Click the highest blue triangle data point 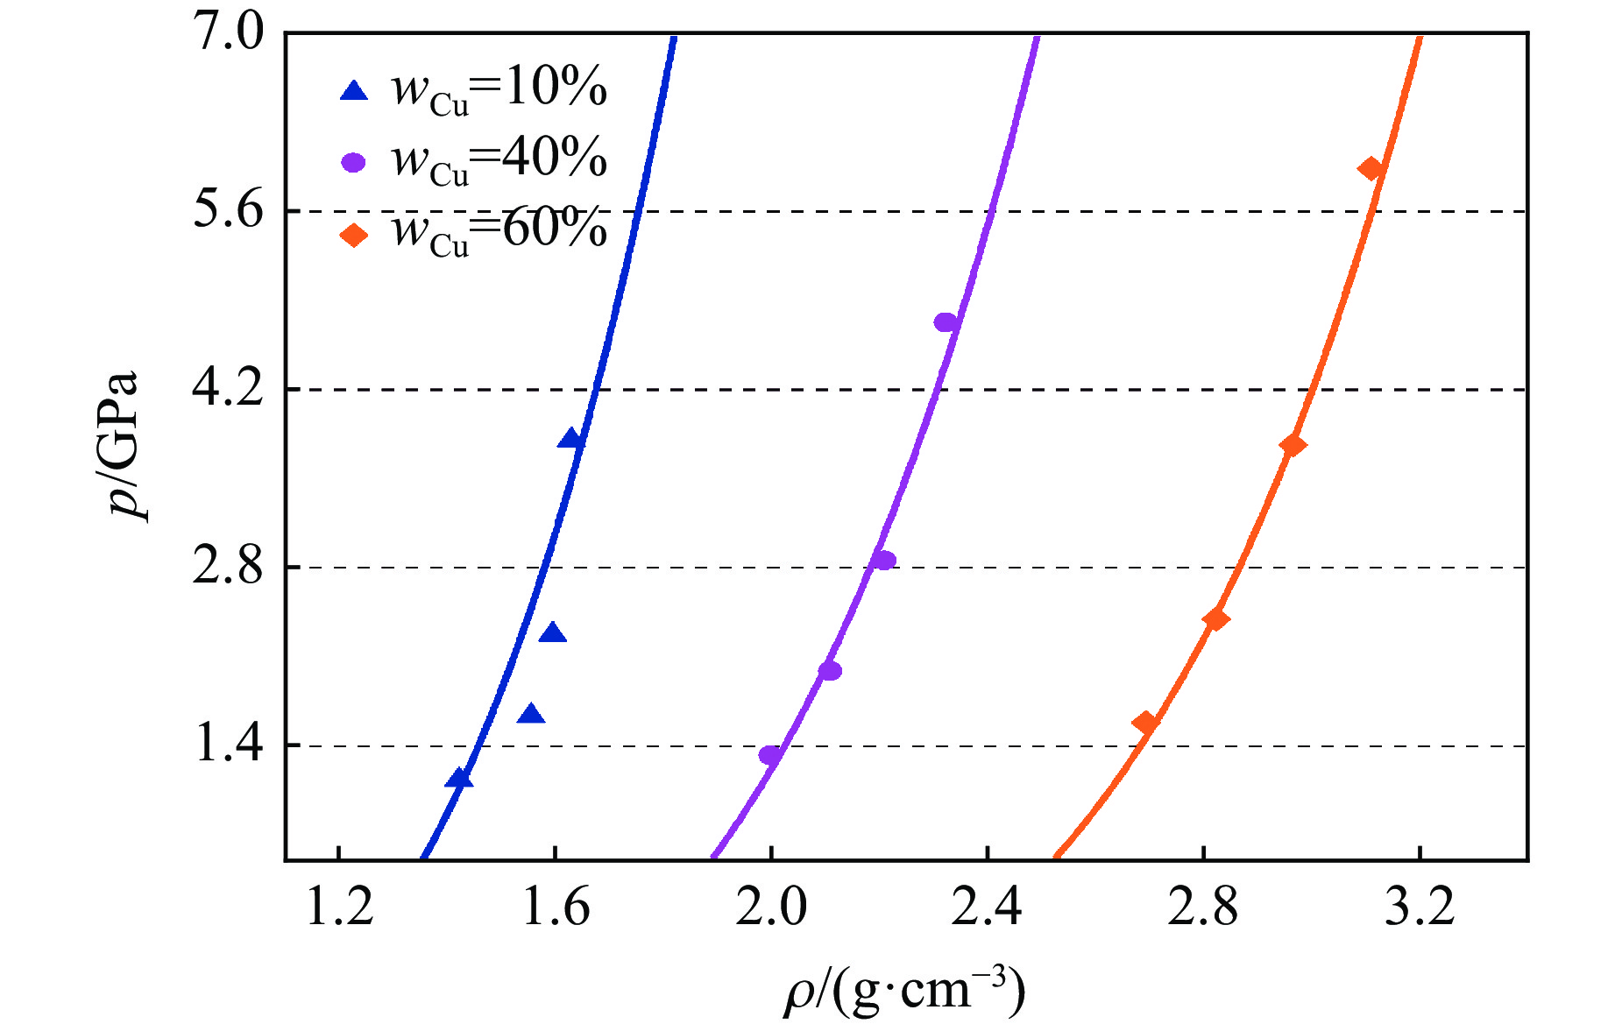570,439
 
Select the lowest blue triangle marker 458,778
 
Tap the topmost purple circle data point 946,322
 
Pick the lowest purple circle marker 770,755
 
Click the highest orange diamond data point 1371,169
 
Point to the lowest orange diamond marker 1144,723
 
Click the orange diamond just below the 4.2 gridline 1293,445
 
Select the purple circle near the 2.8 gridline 884,561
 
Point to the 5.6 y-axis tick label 228,212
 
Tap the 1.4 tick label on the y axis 228,745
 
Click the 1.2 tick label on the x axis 339,907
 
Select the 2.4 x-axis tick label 988,907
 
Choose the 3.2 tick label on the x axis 1420,907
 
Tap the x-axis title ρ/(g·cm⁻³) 904,992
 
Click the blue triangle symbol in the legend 354,90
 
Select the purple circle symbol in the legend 354,163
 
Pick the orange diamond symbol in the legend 354,235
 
